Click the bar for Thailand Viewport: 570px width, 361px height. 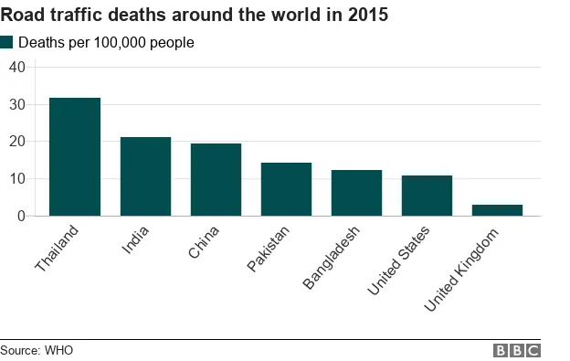pos(75,156)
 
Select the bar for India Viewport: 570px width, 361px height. pos(145,176)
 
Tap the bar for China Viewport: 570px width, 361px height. pos(216,179)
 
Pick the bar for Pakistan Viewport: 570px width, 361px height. pos(286,189)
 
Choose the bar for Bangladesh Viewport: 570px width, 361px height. pos(356,193)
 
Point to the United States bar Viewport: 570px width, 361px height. pos(427,196)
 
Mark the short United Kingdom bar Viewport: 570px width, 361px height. pos(497,210)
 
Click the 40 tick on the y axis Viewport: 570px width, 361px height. pos(16,67)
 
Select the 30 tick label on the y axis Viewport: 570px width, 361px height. pos(16,104)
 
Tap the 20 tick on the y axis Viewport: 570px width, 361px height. pos(16,142)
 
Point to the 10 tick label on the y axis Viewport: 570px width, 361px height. pos(16,179)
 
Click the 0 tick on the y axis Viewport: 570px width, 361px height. pos(20,217)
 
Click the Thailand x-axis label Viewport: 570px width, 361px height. pos(58,248)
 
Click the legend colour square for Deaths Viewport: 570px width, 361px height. pos(7,42)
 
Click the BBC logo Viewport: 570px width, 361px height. pos(517,350)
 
